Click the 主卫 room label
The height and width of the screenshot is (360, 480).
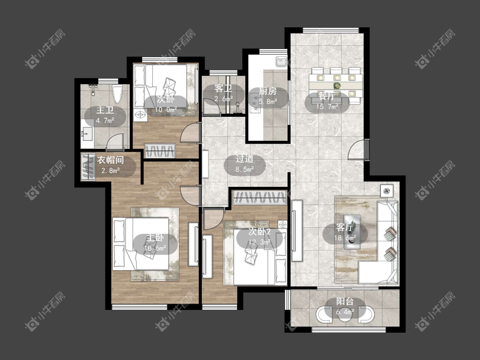(x=105, y=110)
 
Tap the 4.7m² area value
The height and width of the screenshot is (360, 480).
(x=105, y=120)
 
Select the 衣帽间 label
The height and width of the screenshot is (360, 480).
(x=111, y=160)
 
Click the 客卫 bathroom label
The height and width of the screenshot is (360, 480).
(x=224, y=88)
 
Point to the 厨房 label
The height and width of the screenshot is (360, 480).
(x=268, y=91)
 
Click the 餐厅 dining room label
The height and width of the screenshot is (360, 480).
(x=327, y=96)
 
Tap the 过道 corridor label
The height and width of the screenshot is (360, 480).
(x=244, y=159)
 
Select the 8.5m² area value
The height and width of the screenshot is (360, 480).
(x=244, y=169)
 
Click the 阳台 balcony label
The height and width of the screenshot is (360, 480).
(x=345, y=302)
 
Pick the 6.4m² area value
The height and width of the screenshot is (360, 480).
(x=345, y=312)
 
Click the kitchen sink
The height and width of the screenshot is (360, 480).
(x=281, y=61)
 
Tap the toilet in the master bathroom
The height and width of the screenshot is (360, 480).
(x=117, y=95)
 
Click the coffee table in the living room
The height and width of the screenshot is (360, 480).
(x=352, y=232)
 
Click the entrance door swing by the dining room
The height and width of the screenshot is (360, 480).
(x=357, y=149)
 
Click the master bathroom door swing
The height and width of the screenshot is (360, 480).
(x=115, y=142)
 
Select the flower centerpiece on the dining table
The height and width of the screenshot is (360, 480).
(x=337, y=85)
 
